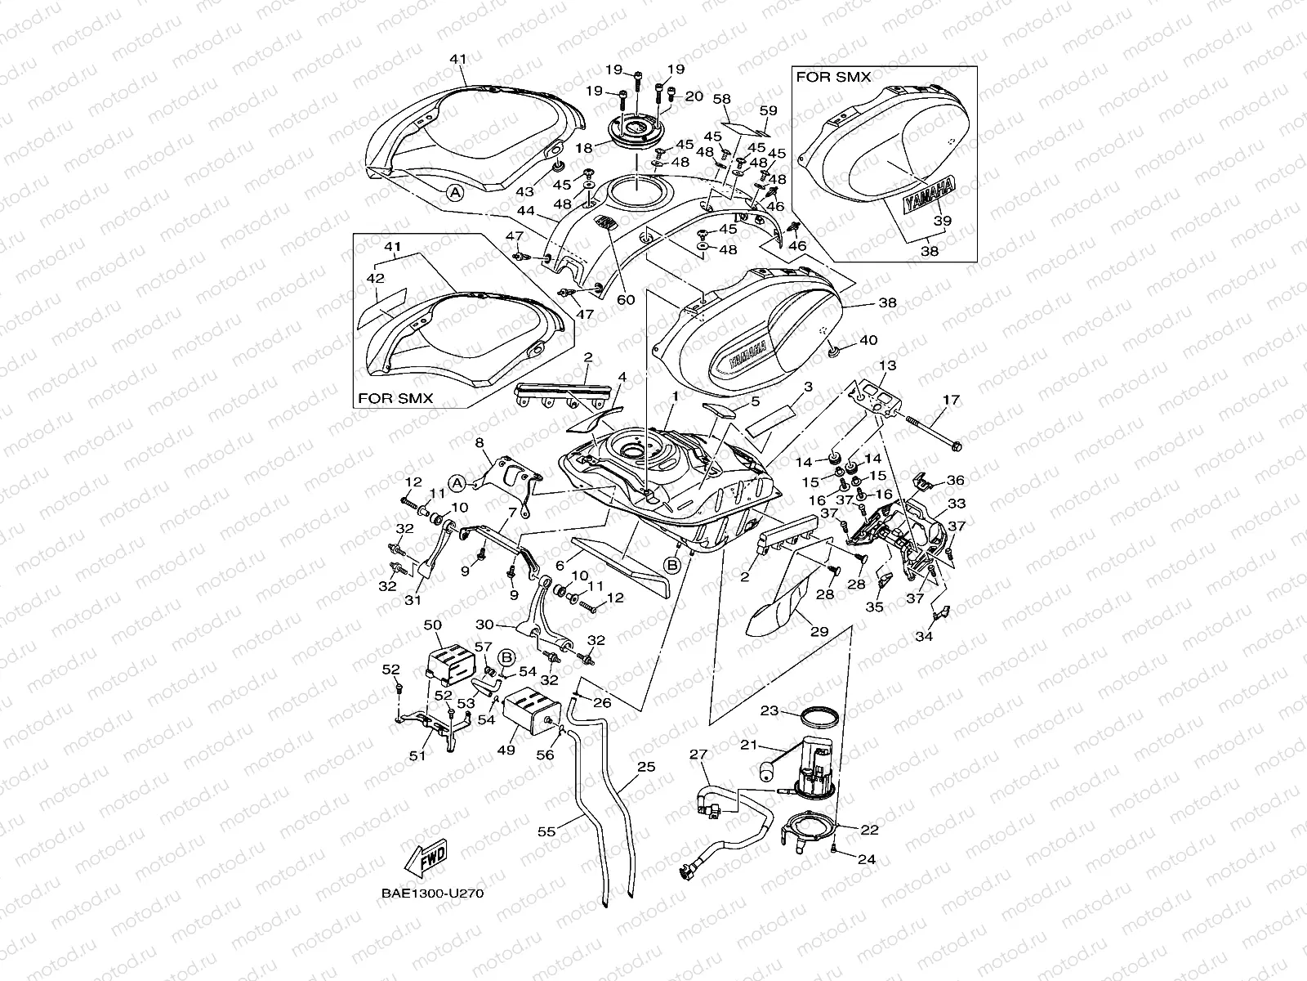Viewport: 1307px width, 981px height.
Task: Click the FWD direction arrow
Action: [426, 857]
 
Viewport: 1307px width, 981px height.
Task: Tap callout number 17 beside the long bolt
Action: [952, 401]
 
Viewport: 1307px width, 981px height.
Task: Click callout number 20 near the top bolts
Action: [694, 96]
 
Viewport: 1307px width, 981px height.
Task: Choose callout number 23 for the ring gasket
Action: [770, 710]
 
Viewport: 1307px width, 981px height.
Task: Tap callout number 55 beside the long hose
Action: [546, 831]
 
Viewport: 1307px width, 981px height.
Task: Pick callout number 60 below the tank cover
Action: [626, 299]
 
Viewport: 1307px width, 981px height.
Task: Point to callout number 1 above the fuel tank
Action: [676, 396]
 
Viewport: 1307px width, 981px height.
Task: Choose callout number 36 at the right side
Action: [955, 481]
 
